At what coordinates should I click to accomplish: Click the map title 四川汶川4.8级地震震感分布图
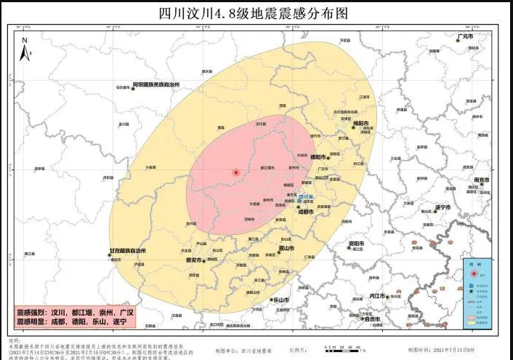(x=257, y=12)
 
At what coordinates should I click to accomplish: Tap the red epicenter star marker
(x=235, y=172)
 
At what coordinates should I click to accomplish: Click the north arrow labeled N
(x=25, y=49)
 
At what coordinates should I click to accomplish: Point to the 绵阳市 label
(x=361, y=124)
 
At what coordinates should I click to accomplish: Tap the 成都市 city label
(x=305, y=212)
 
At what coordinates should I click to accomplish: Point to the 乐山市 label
(x=280, y=300)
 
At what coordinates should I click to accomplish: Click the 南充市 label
(x=481, y=180)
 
